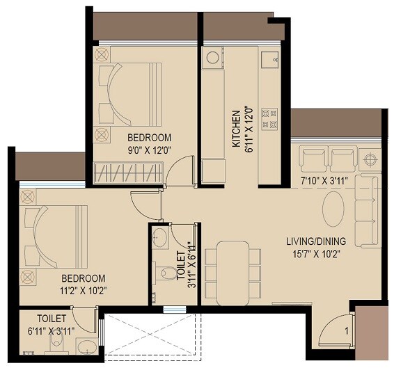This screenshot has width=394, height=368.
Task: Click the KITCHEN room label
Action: coord(236,129)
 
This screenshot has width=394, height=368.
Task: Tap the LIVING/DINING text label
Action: coord(316,241)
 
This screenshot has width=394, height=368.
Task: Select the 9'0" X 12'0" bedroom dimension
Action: coord(149,149)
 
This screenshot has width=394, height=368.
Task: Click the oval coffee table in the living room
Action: coord(333,209)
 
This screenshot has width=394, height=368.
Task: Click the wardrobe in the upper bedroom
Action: coord(128,171)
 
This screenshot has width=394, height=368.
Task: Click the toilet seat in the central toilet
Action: coord(168,272)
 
